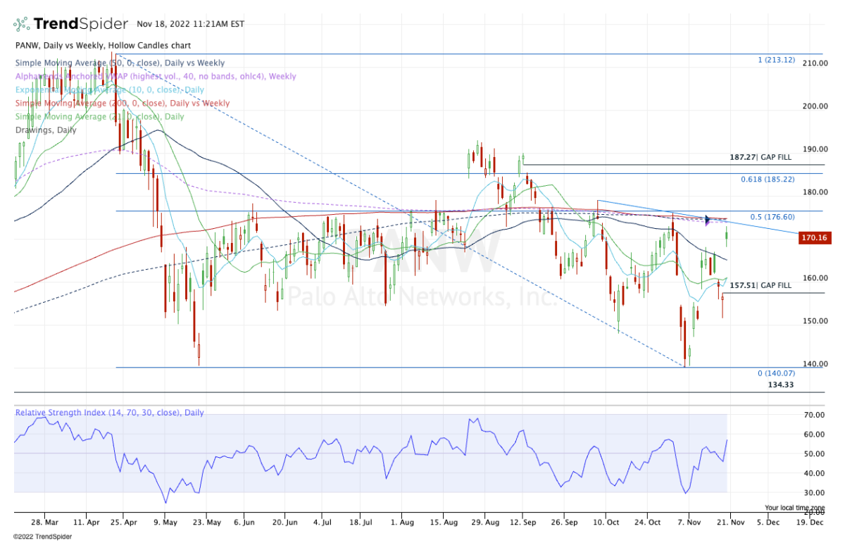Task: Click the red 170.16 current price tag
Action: (x=815, y=239)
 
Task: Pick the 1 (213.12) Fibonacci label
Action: (x=776, y=60)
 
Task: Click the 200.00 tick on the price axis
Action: (x=815, y=106)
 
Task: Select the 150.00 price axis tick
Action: (x=815, y=321)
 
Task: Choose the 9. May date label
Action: (x=165, y=523)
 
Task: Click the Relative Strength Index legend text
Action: (x=109, y=413)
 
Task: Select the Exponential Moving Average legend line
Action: (x=110, y=89)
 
